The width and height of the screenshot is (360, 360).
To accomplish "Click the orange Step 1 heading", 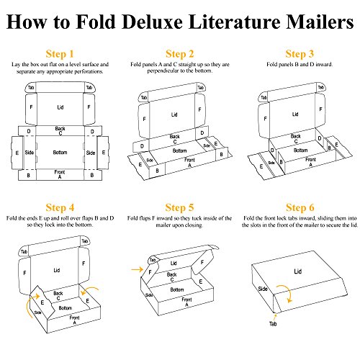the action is click(x=60, y=54).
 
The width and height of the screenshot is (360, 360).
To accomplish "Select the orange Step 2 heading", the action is click(x=179, y=54).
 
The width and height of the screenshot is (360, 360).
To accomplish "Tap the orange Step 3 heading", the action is click(x=300, y=54).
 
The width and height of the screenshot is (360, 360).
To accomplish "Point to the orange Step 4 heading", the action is click(x=60, y=208).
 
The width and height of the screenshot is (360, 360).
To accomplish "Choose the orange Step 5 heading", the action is click(x=179, y=208).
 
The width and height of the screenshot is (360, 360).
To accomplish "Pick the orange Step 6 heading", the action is click(x=300, y=208).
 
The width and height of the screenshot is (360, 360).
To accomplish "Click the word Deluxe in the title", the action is click(x=152, y=22).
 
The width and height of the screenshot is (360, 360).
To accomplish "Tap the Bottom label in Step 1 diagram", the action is click(x=60, y=153).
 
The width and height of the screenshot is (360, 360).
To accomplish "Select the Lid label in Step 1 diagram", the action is click(x=60, y=107).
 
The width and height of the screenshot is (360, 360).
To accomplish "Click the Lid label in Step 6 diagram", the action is click(x=297, y=271).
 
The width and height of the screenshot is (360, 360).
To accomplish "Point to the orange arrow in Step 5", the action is click(x=138, y=269).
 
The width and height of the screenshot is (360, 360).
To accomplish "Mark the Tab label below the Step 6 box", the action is click(x=273, y=324).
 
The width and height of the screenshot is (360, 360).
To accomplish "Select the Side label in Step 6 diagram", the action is click(x=263, y=289).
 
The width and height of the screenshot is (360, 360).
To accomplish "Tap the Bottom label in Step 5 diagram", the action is click(x=177, y=289).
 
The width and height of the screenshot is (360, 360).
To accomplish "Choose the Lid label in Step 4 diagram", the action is click(x=57, y=271).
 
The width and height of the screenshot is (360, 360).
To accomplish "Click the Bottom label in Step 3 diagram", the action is click(x=300, y=150).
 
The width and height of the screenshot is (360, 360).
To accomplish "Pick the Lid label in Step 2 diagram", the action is click(x=174, y=114).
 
